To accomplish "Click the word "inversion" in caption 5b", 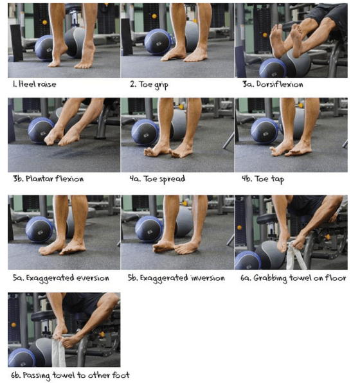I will coord(204,278).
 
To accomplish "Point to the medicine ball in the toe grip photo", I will coord(157,41).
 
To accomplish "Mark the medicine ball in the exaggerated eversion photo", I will coord(39,228).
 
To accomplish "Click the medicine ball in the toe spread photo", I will coord(145,132).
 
